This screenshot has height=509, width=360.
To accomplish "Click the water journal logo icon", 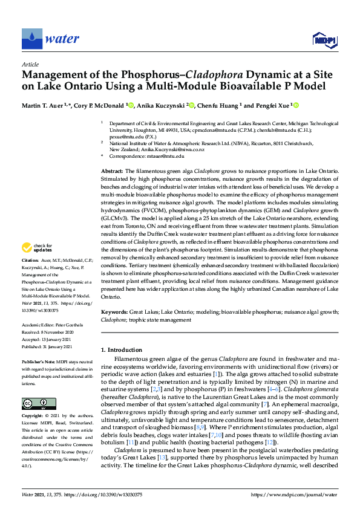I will pos(32,39).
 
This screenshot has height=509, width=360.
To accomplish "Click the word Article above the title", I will pos(30,63).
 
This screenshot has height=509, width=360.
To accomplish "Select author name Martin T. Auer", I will pos(46,106).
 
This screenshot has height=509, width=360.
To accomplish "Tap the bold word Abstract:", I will pos(113,172).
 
